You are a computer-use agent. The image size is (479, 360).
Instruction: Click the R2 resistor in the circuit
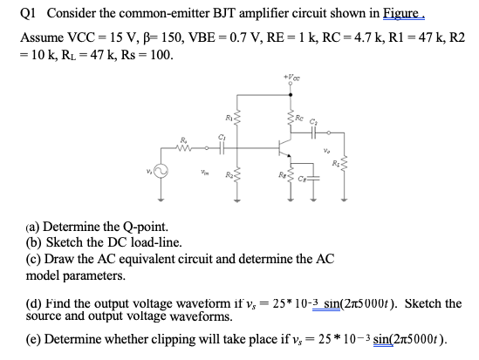235,179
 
